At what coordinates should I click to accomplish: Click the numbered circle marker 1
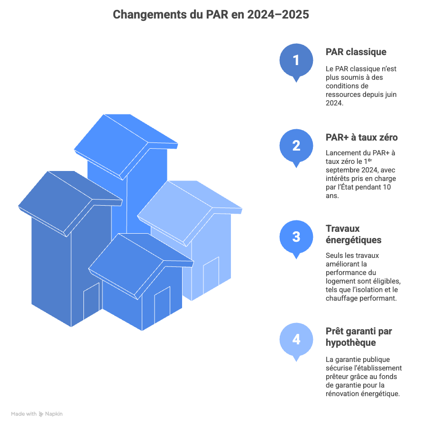point(296,60)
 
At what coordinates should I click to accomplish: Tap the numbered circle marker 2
point(296,146)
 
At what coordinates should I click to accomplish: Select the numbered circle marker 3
point(296,237)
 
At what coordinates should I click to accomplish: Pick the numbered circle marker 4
point(296,340)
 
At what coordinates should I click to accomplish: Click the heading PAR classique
point(356,52)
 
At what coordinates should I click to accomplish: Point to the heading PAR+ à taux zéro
point(361,137)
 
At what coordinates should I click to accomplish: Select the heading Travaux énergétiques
point(353,234)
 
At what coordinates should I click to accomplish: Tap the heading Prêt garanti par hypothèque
point(358,337)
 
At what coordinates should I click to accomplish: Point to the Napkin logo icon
point(41,414)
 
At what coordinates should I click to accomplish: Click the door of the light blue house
point(211,274)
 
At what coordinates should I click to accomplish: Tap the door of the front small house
point(162,304)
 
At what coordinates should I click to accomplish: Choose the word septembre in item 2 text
point(342,170)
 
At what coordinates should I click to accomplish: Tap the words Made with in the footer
point(24,414)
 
